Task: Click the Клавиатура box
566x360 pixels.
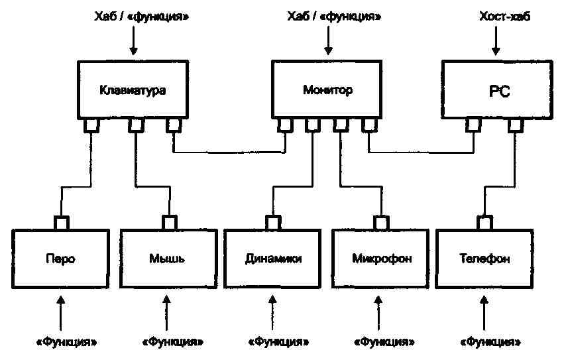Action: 133,90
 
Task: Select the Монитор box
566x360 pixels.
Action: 327,90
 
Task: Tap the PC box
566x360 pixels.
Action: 498,90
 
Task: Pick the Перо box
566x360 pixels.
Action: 61,259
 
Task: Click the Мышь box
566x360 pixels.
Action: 168,259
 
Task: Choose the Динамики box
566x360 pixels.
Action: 272,259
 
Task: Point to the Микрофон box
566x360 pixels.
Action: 380,259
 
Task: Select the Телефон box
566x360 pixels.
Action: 484,259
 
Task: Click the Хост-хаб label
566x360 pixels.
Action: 504,17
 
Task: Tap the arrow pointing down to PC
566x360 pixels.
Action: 496,40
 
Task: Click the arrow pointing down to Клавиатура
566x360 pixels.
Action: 133,40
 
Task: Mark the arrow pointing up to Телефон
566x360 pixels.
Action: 484,313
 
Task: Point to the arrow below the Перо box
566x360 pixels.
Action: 61,313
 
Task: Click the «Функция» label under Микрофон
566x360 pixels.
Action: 384,341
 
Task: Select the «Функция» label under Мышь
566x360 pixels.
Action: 172,341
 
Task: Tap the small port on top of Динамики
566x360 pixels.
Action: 273,222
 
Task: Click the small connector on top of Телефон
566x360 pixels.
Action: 484,222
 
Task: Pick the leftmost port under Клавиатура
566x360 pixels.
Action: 91,125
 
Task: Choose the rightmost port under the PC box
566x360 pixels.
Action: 516,125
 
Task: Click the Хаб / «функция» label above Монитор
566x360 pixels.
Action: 334,17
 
